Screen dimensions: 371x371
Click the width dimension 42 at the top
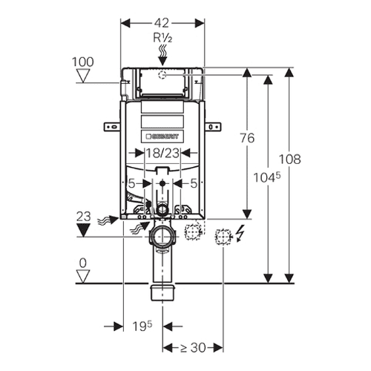(162, 24)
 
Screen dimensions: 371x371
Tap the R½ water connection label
(162, 38)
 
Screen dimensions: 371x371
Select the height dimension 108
(290, 160)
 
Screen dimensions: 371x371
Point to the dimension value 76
(247, 138)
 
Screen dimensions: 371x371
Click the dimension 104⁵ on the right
(267, 177)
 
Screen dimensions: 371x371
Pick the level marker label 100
(83, 62)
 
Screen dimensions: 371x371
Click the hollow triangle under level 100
(83, 76)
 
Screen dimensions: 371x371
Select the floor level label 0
(83, 263)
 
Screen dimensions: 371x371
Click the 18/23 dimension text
(162, 154)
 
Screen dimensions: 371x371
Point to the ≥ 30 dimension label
(193, 348)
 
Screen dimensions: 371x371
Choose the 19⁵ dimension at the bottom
(142, 326)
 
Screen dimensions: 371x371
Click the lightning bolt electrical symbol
(240, 233)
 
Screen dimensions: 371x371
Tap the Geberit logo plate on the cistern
(162, 137)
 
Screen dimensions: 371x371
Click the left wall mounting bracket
(112, 126)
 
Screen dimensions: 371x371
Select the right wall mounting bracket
(212, 126)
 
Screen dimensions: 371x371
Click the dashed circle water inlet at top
(162, 74)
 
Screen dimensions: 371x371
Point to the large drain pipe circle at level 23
(162, 237)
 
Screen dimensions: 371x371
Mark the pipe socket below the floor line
(162, 292)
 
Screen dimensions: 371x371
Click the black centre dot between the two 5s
(162, 183)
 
